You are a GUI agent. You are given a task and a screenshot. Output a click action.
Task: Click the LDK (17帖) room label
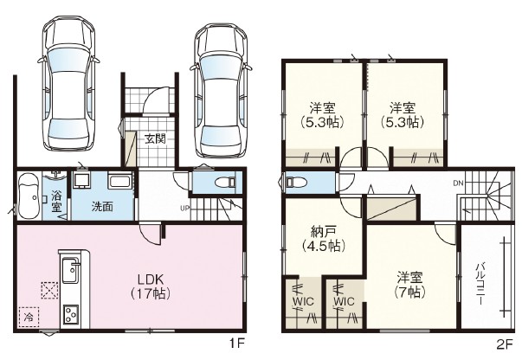(151, 286)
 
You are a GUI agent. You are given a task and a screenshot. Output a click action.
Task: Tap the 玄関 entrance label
(155, 138)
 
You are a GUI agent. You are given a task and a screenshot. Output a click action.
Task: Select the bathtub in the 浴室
(29, 196)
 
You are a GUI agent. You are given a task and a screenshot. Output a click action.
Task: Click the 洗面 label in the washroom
(102, 207)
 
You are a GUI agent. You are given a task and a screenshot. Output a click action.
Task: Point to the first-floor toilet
(225, 182)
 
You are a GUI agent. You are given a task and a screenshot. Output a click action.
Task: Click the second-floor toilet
(292, 182)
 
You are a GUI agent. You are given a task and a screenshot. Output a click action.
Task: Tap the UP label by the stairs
(184, 209)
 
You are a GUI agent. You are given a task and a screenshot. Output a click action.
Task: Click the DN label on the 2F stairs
(458, 183)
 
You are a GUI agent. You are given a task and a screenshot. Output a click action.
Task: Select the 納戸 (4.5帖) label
(323, 238)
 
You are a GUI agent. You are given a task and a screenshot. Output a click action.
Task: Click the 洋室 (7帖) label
(409, 285)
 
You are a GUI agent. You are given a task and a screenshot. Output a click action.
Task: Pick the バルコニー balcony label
(480, 284)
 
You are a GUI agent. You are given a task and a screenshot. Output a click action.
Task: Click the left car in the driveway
(68, 84)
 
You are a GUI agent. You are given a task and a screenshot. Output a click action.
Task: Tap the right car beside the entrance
(221, 91)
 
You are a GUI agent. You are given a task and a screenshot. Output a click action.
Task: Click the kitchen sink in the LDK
(71, 269)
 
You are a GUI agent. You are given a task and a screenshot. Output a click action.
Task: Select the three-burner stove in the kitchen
(71, 314)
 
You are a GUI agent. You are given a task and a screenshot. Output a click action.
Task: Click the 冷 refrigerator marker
(29, 317)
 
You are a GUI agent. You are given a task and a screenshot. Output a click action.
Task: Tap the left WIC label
(303, 302)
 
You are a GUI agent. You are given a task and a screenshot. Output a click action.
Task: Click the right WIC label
(345, 302)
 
